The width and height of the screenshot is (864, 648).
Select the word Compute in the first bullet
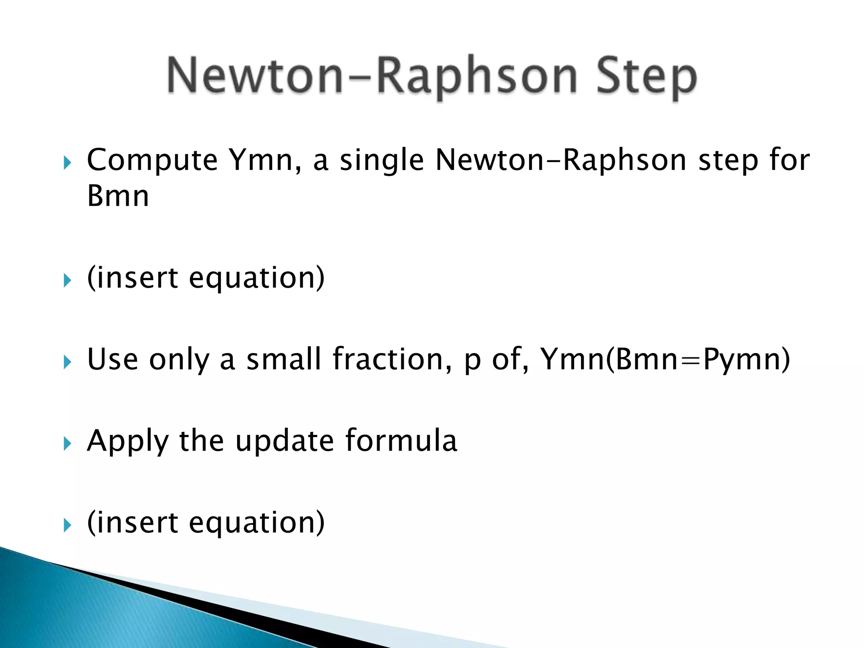152,161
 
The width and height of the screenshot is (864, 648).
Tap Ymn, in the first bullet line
265,161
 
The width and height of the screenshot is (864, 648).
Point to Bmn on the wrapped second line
118,197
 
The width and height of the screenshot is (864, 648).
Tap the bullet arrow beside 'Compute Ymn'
67,162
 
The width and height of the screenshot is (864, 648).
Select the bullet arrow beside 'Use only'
67,362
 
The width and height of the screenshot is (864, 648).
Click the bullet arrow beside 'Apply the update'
67,443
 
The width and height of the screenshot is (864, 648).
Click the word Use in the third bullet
112,359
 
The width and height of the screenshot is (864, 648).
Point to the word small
283,359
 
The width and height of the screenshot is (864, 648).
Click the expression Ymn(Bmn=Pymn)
665,359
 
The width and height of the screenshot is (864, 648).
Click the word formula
401,441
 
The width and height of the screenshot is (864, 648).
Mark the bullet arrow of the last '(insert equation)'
67,525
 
